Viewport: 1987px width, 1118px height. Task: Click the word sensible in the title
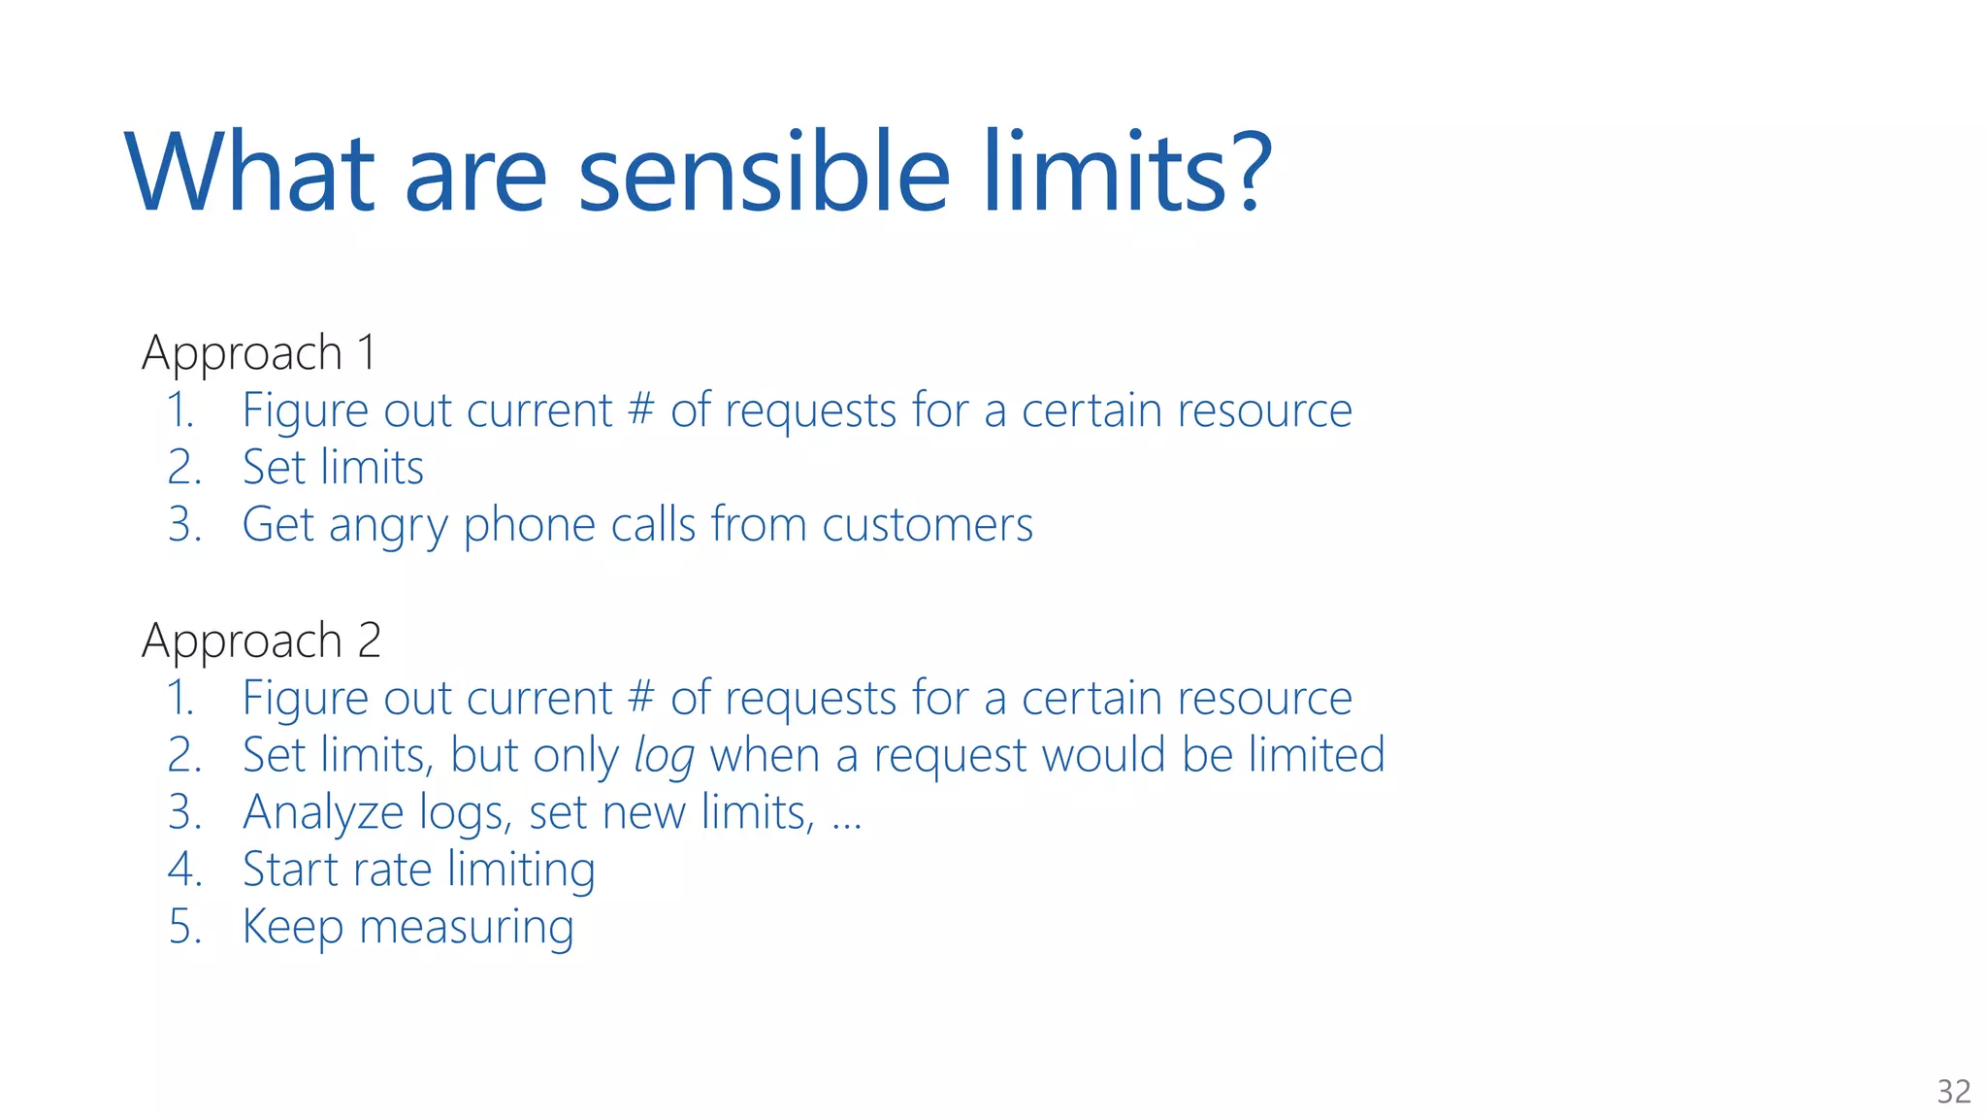coord(764,175)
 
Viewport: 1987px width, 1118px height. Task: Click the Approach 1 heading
coord(259,352)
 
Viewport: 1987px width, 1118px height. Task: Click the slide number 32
coord(1954,1092)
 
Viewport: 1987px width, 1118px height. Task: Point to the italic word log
coord(664,757)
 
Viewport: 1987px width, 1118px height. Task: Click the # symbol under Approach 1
coord(641,410)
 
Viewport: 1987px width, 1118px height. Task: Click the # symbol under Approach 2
coord(641,697)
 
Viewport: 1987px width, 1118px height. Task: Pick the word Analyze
coord(323,813)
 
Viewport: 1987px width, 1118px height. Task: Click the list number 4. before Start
coord(184,869)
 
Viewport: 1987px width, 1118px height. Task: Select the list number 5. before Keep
coord(184,927)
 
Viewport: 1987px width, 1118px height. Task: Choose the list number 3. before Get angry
coord(184,525)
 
